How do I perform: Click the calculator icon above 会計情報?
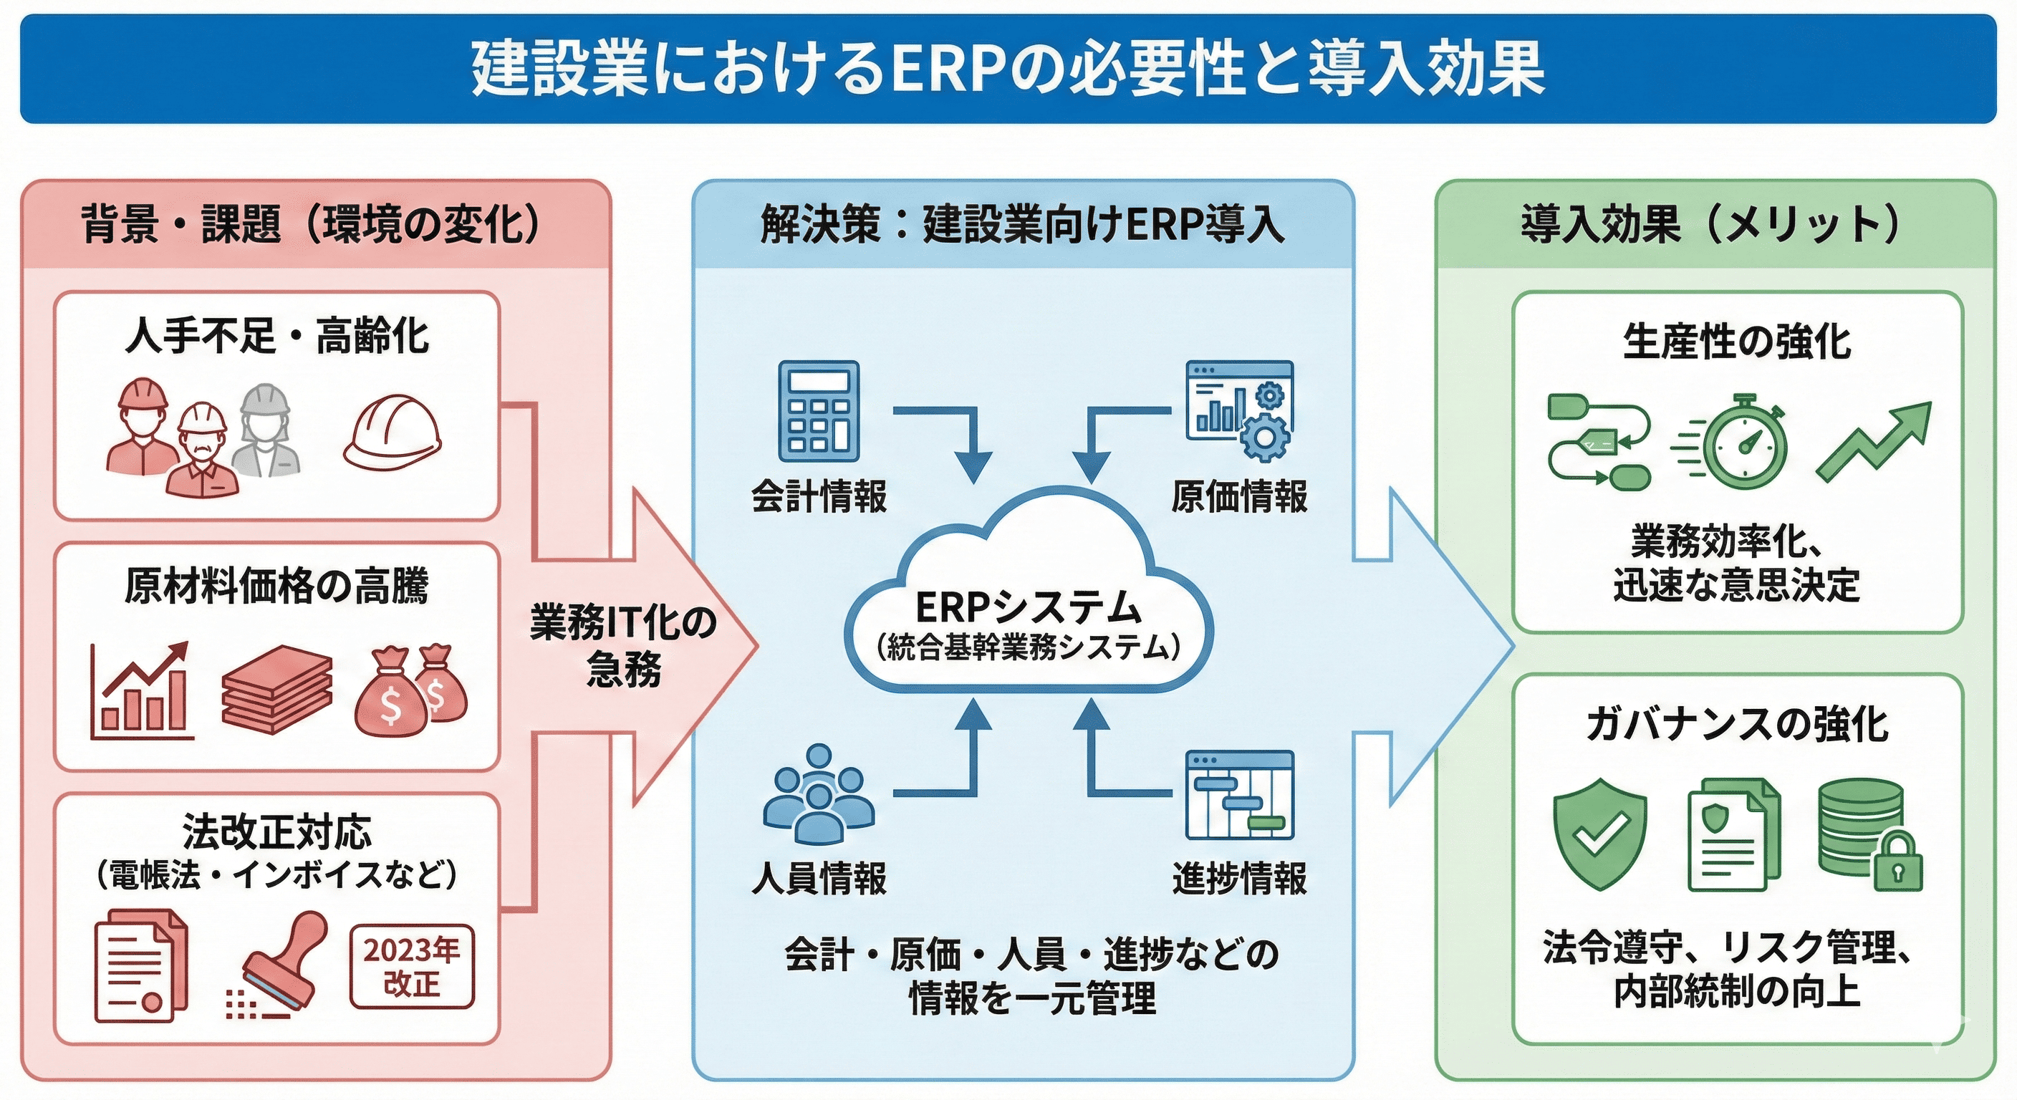pyautogui.click(x=818, y=411)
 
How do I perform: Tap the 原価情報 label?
pyautogui.click(x=1238, y=496)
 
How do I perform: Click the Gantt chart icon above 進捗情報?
pyautogui.click(x=1239, y=795)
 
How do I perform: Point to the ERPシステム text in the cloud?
pyautogui.click(x=1028, y=607)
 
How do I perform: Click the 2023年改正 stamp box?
pyautogui.click(x=411, y=967)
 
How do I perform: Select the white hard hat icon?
pyautogui.click(x=392, y=433)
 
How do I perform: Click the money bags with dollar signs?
pyautogui.click(x=411, y=690)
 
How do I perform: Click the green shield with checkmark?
pyautogui.click(x=1599, y=834)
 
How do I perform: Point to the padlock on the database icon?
pyautogui.click(x=1897, y=863)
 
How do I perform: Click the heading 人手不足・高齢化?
pyautogui.click(x=276, y=337)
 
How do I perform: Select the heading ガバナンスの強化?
pyautogui.click(x=1737, y=723)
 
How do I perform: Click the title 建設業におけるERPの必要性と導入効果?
pyautogui.click(x=1008, y=69)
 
